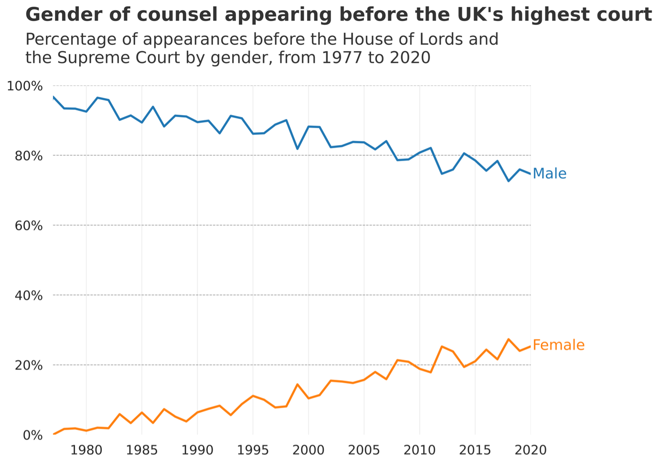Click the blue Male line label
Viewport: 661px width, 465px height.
[x=549, y=173]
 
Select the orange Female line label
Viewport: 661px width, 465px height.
[x=558, y=345]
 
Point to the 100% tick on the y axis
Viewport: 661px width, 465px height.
[x=25, y=86]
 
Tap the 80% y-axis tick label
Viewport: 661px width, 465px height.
[x=28, y=156]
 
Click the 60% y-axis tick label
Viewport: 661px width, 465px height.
[x=28, y=225]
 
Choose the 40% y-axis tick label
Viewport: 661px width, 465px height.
[x=28, y=295]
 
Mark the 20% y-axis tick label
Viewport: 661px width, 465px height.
[x=28, y=365]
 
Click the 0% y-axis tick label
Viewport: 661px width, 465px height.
[x=32, y=435]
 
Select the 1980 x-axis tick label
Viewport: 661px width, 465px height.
[x=86, y=450]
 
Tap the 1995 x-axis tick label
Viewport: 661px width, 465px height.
[x=253, y=450]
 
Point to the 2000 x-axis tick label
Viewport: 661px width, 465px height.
[x=309, y=450]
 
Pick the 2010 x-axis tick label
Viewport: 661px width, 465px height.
[x=419, y=450]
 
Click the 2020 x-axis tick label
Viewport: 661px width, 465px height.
[x=531, y=450]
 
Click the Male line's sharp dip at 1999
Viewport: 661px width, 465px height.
[x=297, y=149]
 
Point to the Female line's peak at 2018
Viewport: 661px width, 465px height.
[x=508, y=339]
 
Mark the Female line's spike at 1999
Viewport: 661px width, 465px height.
[x=297, y=384]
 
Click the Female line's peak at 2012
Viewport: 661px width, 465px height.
[x=442, y=346]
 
